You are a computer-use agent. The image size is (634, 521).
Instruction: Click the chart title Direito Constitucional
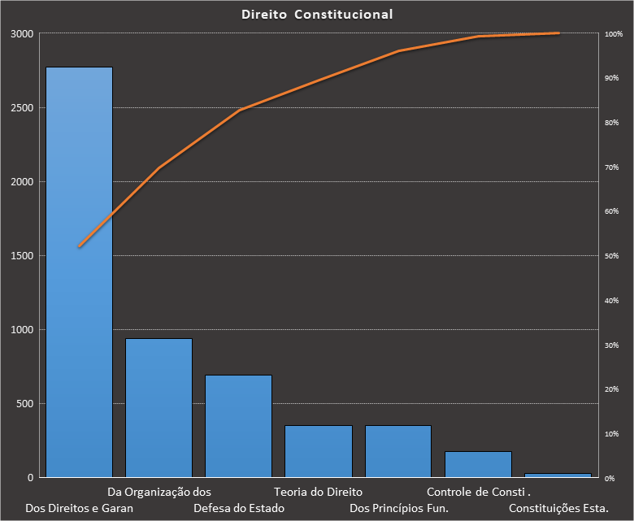click(x=317, y=15)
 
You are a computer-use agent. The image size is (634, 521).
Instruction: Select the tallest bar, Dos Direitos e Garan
click(x=79, y=271)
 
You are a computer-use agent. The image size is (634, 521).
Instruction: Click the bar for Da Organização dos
click(x=158, y=407)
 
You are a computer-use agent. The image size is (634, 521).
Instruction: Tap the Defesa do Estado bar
click(x=238, y=426)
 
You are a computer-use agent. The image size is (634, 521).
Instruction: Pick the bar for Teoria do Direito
click(x=318, y=451)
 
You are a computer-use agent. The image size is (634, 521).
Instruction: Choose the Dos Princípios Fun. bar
click(x=397, y=451)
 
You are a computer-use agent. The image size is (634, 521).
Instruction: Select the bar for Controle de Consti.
click(x=478, y=464)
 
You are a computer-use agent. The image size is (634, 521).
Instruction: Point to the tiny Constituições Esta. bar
click(x=558, y=475)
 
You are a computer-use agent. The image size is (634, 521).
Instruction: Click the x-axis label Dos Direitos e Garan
click(x=79, y=509)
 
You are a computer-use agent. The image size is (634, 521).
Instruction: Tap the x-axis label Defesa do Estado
click(x=239, y=509)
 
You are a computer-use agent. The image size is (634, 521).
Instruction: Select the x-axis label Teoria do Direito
click(x=318, y=492)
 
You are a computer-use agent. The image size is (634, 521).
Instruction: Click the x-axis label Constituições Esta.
click(x=558, y=509)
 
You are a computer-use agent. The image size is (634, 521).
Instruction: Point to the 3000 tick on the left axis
click(x=22, y=34)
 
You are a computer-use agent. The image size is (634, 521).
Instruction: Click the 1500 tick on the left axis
click(x=22, y=256)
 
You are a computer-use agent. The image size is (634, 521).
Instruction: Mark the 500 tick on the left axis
click(x=24, y=404)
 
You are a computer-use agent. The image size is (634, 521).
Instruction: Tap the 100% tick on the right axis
click(x=614, y=34)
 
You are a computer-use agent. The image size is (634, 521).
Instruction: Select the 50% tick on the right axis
click(x=611, y=256)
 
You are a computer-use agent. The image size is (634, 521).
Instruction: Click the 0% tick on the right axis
click(x=609, y=478)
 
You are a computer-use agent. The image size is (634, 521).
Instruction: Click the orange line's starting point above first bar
click(x=79, y=246)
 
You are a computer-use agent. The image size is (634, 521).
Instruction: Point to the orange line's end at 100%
click(x=559, y=33)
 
